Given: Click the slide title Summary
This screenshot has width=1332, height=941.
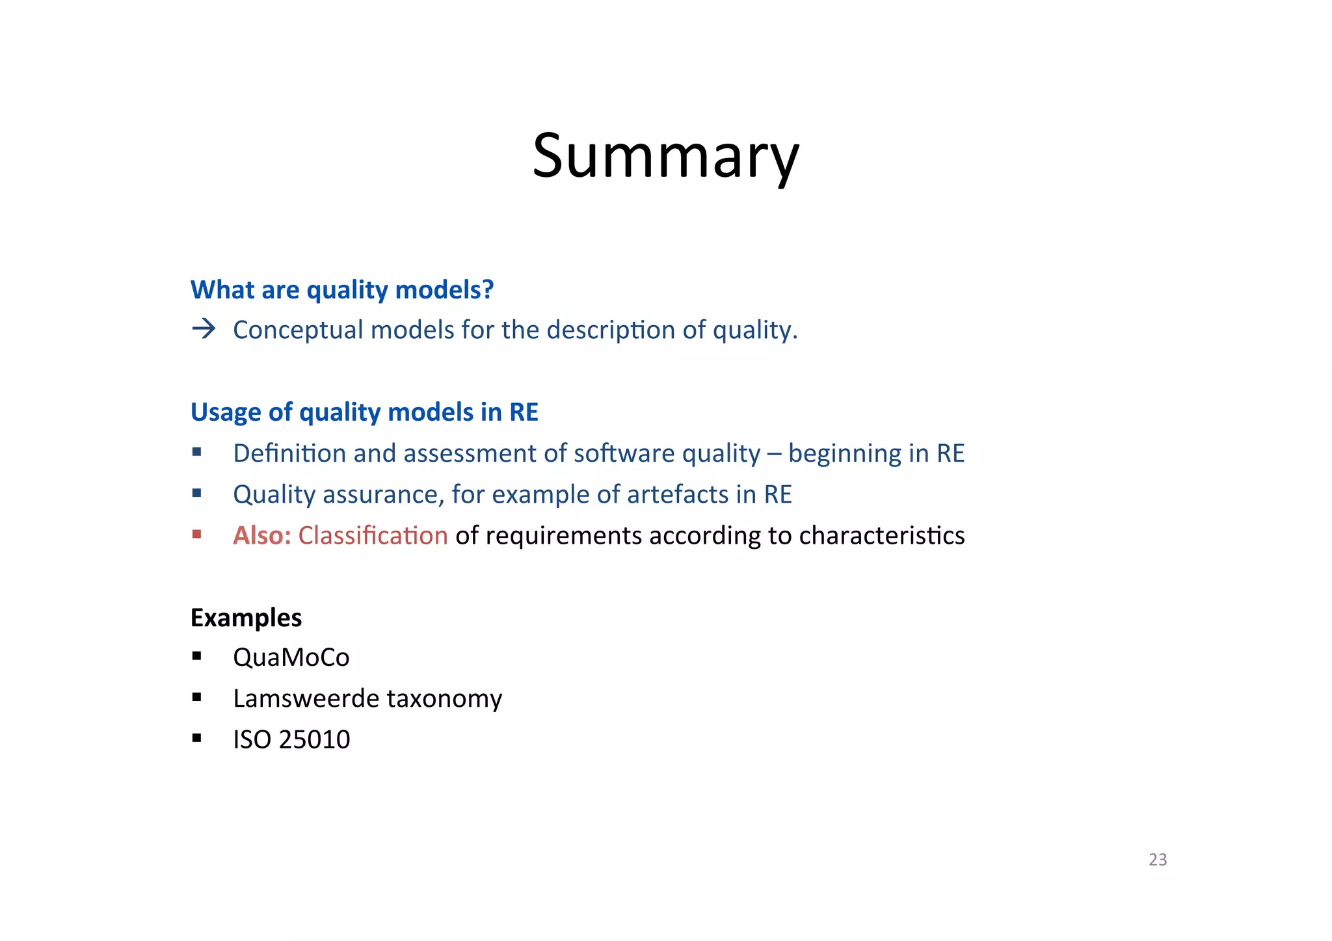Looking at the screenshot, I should tap(665, 156).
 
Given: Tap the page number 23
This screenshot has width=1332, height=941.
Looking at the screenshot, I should tap(1158, 860).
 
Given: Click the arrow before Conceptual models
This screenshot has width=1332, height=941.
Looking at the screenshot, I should tap(204, 329).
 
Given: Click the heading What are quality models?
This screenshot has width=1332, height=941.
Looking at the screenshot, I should tap(342, 290).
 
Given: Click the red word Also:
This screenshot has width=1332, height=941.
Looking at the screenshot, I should tap(262, 535).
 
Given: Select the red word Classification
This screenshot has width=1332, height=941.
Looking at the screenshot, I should tap(373, 535).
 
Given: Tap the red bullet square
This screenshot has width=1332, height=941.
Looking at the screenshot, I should tap(197, 534).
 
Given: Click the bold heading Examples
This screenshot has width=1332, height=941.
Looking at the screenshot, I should tap(246, 618).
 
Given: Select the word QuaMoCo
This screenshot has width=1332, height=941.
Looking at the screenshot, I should tap(291, 657).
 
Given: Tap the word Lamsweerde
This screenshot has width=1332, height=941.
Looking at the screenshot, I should tap(306, 698).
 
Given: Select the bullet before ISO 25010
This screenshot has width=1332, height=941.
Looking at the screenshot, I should tap(197, 738).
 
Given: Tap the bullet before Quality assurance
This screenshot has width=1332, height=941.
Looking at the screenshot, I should tap(197, 493).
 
